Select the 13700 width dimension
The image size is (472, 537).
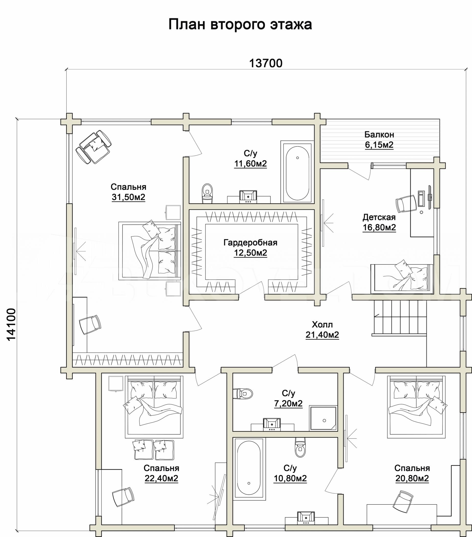pos(266,63)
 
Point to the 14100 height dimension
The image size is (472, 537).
pos(11,325)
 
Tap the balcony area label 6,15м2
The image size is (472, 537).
pos(379,145)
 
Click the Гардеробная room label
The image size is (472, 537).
pos(250,242)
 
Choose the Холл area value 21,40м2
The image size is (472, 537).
pos(322,335)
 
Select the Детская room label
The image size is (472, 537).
pos(379,217)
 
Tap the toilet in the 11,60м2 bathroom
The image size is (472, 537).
pos(207,193)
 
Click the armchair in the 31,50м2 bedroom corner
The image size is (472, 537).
pos(94,147)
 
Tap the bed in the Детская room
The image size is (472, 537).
pos(401,278)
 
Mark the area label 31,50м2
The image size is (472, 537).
pos(128,197)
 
